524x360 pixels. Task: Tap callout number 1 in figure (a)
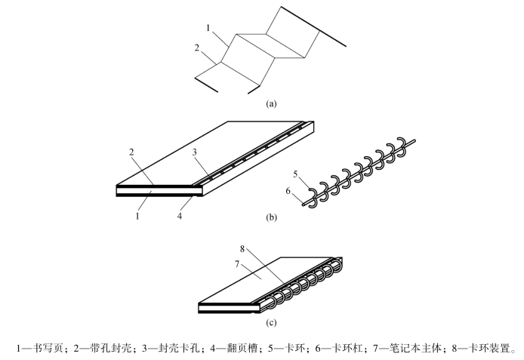[x=207, y=28]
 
